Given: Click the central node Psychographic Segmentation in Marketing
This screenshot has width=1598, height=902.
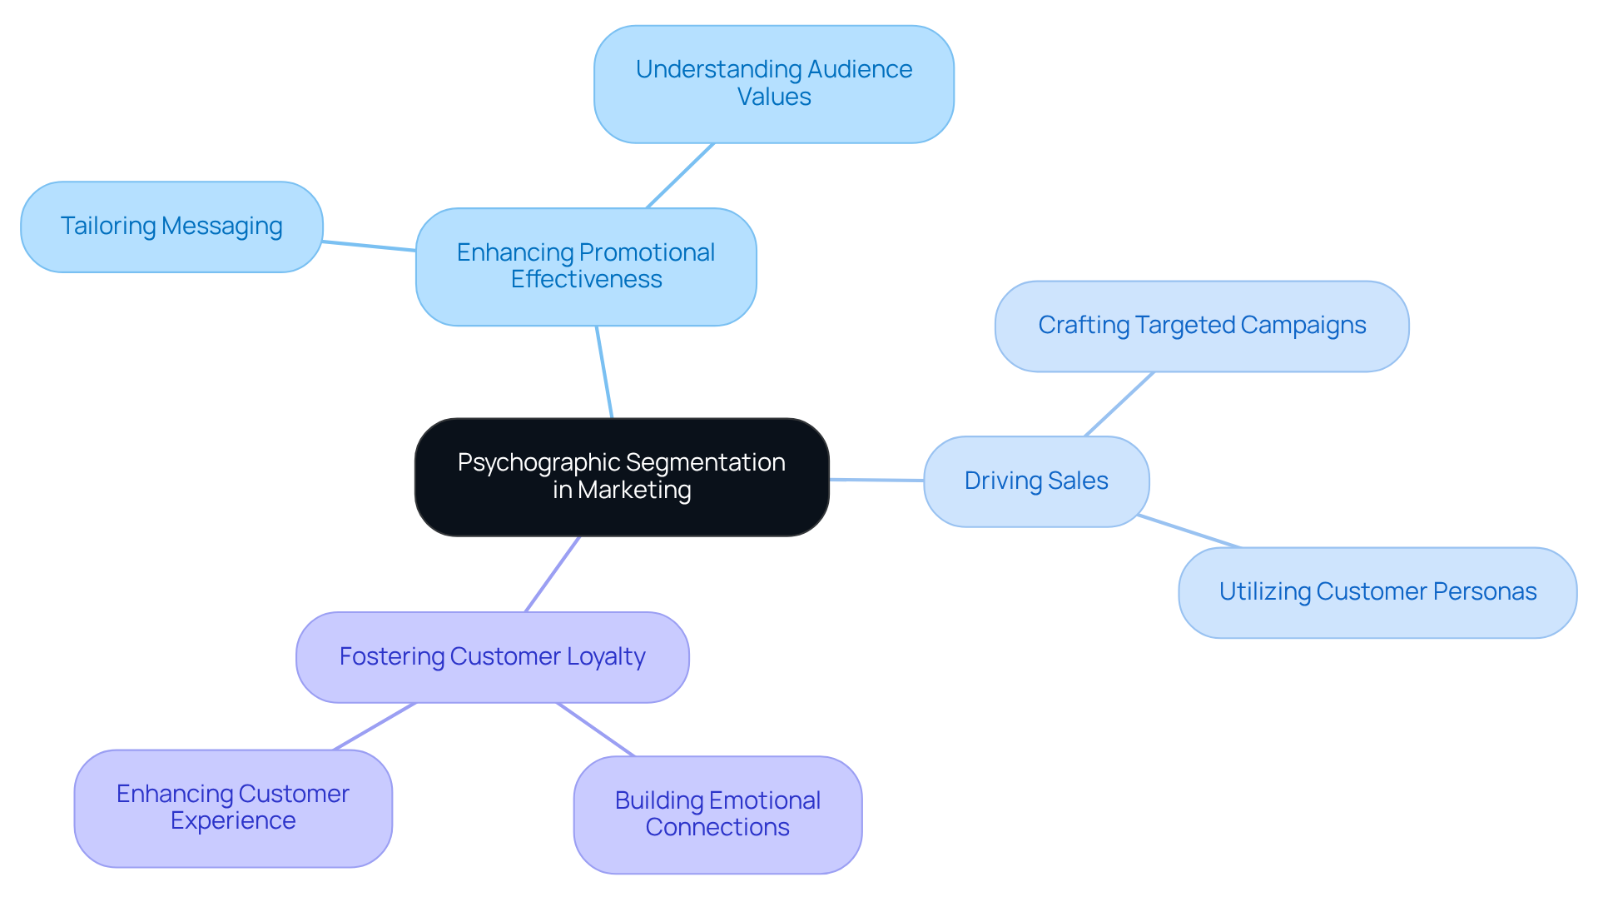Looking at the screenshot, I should pyautogui.click(x=622, y=476).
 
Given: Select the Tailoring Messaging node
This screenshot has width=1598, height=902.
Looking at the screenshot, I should pyautogui.click(x=171, y=227).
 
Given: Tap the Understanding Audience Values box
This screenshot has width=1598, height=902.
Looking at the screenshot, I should pyautogui.click(x=774, y=83).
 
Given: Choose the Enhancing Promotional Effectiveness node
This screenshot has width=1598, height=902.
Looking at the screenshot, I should pyautogui.click(x=586, y=266).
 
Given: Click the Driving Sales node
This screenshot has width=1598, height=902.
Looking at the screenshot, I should pyautogui.click(x=1036, y=481).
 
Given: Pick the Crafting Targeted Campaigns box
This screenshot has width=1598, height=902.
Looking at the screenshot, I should pyautogui.click(x=1202, y=326).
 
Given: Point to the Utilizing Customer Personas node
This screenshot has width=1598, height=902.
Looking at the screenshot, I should pyautogui.click(x=1377, y=592).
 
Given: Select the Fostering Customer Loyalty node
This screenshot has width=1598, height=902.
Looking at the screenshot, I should pyautogui.click(x=492, y=657).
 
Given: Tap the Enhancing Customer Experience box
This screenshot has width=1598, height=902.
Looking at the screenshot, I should pyautogui.click(x=233, y=807).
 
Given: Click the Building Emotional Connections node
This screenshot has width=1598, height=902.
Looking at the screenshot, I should pyautogui.click(x=717, y=814).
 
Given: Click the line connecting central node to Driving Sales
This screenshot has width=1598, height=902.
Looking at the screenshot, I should pyautogui.click(x=876, y=480).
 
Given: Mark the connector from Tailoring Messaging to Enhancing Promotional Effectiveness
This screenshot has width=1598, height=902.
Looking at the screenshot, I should pyautogui.click(x=369, y=246).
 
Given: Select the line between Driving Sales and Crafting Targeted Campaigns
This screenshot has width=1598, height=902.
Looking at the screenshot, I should pyautogui.click(x=1119, y=404).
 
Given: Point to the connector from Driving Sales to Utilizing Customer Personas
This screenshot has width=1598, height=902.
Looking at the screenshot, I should pyautogui.click(x=1189, y=531).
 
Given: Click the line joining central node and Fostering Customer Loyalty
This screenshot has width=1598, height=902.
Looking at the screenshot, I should pyautogui.click(x=553, y=574).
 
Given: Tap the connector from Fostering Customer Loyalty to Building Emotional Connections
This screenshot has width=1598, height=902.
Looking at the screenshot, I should pyautogui.click(x=596, y=730).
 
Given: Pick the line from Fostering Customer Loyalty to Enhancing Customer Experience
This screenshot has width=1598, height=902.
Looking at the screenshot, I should pyautogui.click(x=375, y=726).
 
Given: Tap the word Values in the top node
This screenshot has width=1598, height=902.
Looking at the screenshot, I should pyautogui.click(x=774, y=97).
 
